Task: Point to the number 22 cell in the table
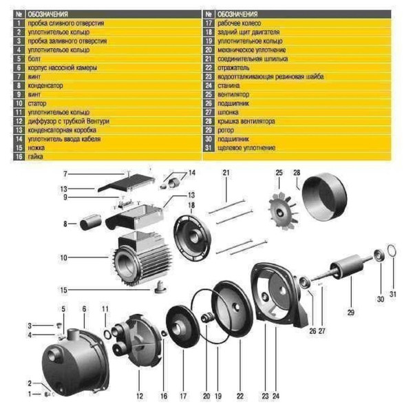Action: pos(209,67)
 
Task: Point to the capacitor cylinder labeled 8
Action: pos(89,224)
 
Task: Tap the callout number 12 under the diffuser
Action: pos(140,396)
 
